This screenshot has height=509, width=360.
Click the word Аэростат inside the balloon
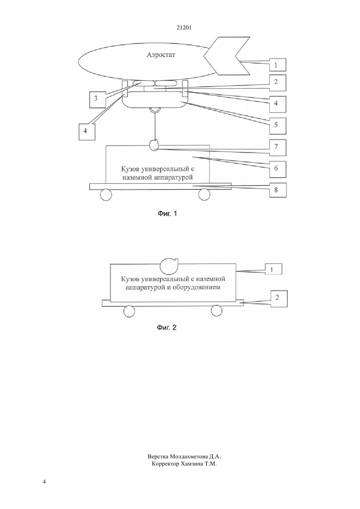161,55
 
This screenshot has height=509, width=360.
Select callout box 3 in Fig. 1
98,99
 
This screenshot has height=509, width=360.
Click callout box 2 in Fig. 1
278,83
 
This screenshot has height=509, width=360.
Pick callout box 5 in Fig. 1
278,126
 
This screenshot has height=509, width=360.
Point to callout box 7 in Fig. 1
278,148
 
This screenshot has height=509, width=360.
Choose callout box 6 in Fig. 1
278,169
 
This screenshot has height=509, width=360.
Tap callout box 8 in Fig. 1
278,190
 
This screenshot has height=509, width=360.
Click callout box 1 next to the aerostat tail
278,65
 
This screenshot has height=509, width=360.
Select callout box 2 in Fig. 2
279,299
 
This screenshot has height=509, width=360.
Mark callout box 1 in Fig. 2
273,269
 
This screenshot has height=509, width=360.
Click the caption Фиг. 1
167,214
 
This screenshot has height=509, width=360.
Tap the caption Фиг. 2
167,327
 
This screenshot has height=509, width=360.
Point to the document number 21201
184,27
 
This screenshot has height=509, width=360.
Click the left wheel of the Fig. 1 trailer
106,195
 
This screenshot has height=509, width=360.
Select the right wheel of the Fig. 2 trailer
216,311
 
